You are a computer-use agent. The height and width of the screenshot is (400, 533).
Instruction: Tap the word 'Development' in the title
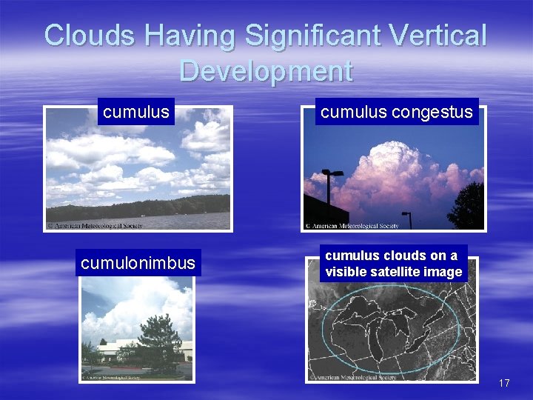point(266,71)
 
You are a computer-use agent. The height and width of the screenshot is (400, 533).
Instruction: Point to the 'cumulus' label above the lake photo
point(136,112)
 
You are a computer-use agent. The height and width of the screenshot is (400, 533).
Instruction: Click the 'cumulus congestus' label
point(396,112)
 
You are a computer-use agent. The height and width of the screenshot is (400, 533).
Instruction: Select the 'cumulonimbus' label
point(138,263)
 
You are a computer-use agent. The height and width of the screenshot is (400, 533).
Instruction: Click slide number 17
point(504,383)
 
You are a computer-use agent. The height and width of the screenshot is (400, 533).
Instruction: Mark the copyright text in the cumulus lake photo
point(94,224)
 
